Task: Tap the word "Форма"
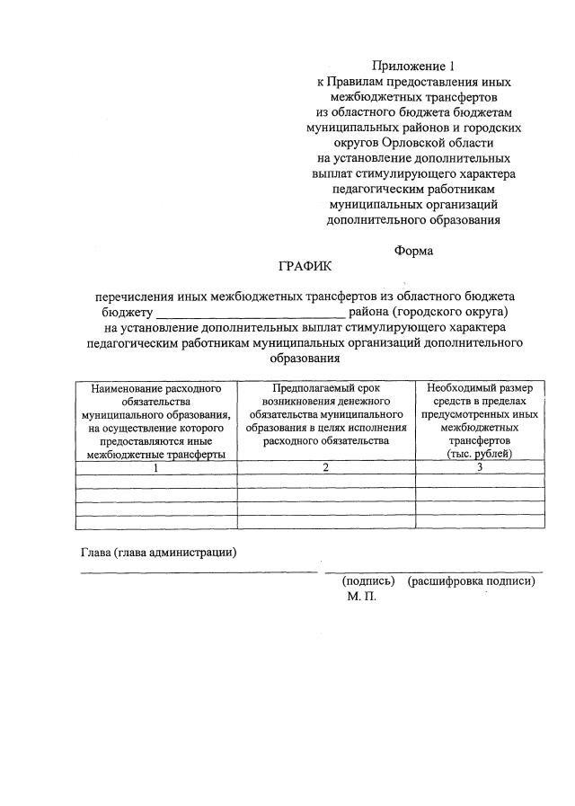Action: click(413, 251)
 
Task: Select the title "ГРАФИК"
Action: click(305, 267)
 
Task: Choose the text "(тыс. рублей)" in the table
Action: click(479, 455)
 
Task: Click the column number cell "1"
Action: click(156, 467)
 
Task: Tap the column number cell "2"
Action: click(325, 467)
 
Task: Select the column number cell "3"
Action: click(479, 467)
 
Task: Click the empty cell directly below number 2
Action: click(325, 481)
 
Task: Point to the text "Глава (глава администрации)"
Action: click(158, 552)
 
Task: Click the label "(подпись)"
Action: click(369, 580)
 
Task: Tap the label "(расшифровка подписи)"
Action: click(471, 580)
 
